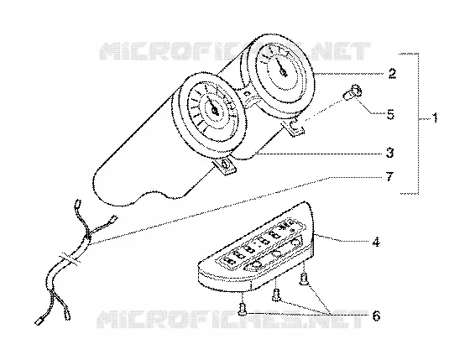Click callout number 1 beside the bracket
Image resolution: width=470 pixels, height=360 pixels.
pyautogui.click(x=435, y=117)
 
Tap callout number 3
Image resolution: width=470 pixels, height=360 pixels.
pyautogui.click(x=389, y=154)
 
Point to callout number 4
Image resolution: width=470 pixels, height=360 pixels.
pyautogui.click(x=376, y=242)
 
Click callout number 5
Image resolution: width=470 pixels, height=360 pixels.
pyautogui.click(x=390, y=114)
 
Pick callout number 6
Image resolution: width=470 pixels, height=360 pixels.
pyautogui.click(x=376, y=316)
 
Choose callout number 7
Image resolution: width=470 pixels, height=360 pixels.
pyautogui.click(x=389, y=176)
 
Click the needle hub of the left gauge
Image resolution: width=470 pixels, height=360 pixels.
pyautogui.click(x=215, y=112)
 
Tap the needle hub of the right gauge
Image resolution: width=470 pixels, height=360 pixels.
pyautogui.click(x=283, y=71)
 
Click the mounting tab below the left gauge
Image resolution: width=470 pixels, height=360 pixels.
pyautogui.click(x=225, y=166)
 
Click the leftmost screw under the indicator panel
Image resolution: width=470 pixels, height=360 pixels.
pyautogui.click(x=243, y=309)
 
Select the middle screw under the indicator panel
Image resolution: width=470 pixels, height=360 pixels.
pyautogui.click(x=276, y=295)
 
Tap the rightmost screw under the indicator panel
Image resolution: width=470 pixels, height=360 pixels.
pyautogui.click(x=304, y=279)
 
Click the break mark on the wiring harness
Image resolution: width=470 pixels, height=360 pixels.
pyautogui.click(x=70, y=259)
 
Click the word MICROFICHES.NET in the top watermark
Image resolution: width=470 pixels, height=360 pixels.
pyautogui.click(x=235, y=50)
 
